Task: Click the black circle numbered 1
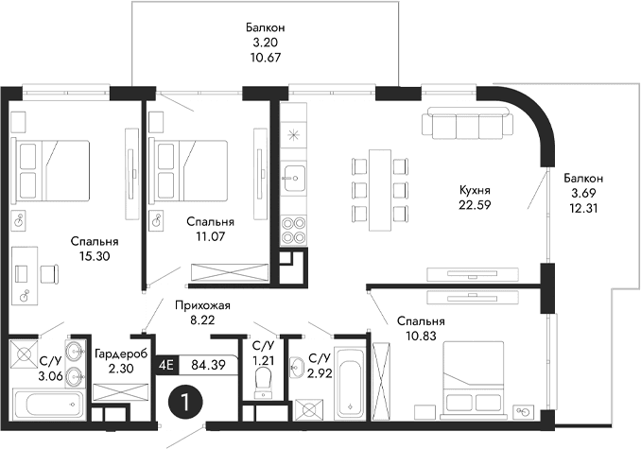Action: point(185,401)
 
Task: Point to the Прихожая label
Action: point(203,305)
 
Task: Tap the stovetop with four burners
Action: point(294,228)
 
